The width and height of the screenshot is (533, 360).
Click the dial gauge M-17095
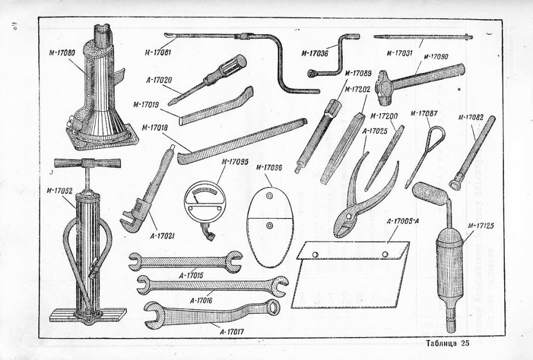pyautogui.click(x=203, y=203)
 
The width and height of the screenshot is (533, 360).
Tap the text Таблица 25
pyautogui.click(x=447, y=344)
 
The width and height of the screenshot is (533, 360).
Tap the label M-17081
pyautogui.click(x=160, y=51)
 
